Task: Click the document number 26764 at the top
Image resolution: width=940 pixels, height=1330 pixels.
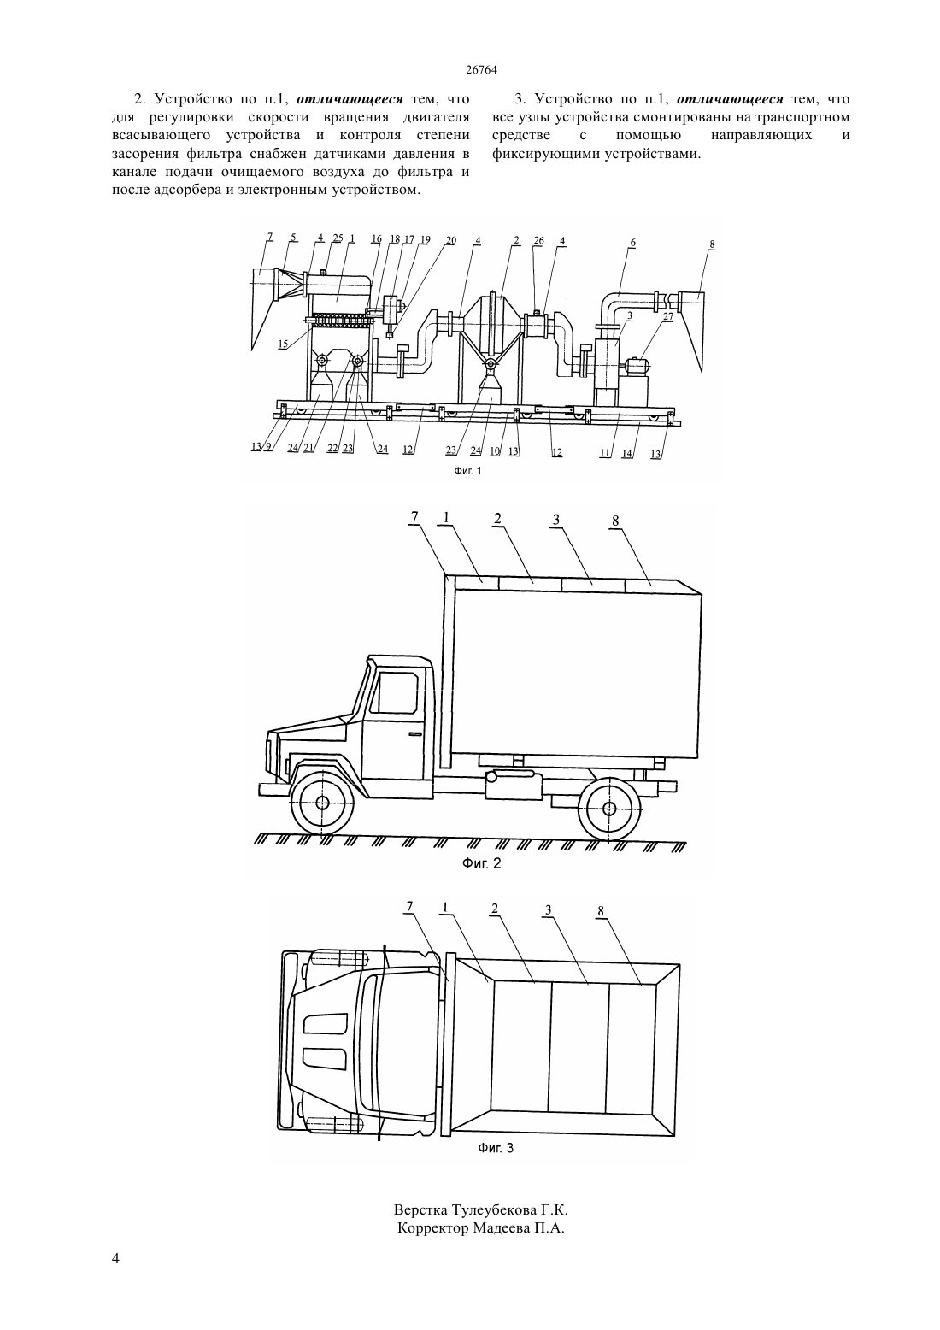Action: [480, 69]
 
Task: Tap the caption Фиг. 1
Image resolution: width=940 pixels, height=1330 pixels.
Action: [467, 471]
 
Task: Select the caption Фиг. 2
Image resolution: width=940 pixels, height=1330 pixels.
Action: [481, 863]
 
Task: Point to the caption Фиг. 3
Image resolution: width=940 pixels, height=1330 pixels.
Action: [496, 1148]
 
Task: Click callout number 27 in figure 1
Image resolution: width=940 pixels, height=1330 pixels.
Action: [668, 316]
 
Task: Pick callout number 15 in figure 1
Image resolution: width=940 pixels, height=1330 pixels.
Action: [283, 344]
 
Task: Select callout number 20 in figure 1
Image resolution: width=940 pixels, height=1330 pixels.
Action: [451, 240]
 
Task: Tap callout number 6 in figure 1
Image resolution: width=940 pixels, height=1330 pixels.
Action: [633, 242]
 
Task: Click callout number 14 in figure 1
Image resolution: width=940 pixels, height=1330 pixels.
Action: [626, 453]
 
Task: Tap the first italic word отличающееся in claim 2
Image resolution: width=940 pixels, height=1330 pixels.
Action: [350, 99]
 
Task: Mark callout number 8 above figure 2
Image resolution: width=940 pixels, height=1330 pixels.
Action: [615, 521]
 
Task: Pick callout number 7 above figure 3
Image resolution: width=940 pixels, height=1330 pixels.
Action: [408, 906]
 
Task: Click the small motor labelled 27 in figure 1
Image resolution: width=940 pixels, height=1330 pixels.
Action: [638, 366]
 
